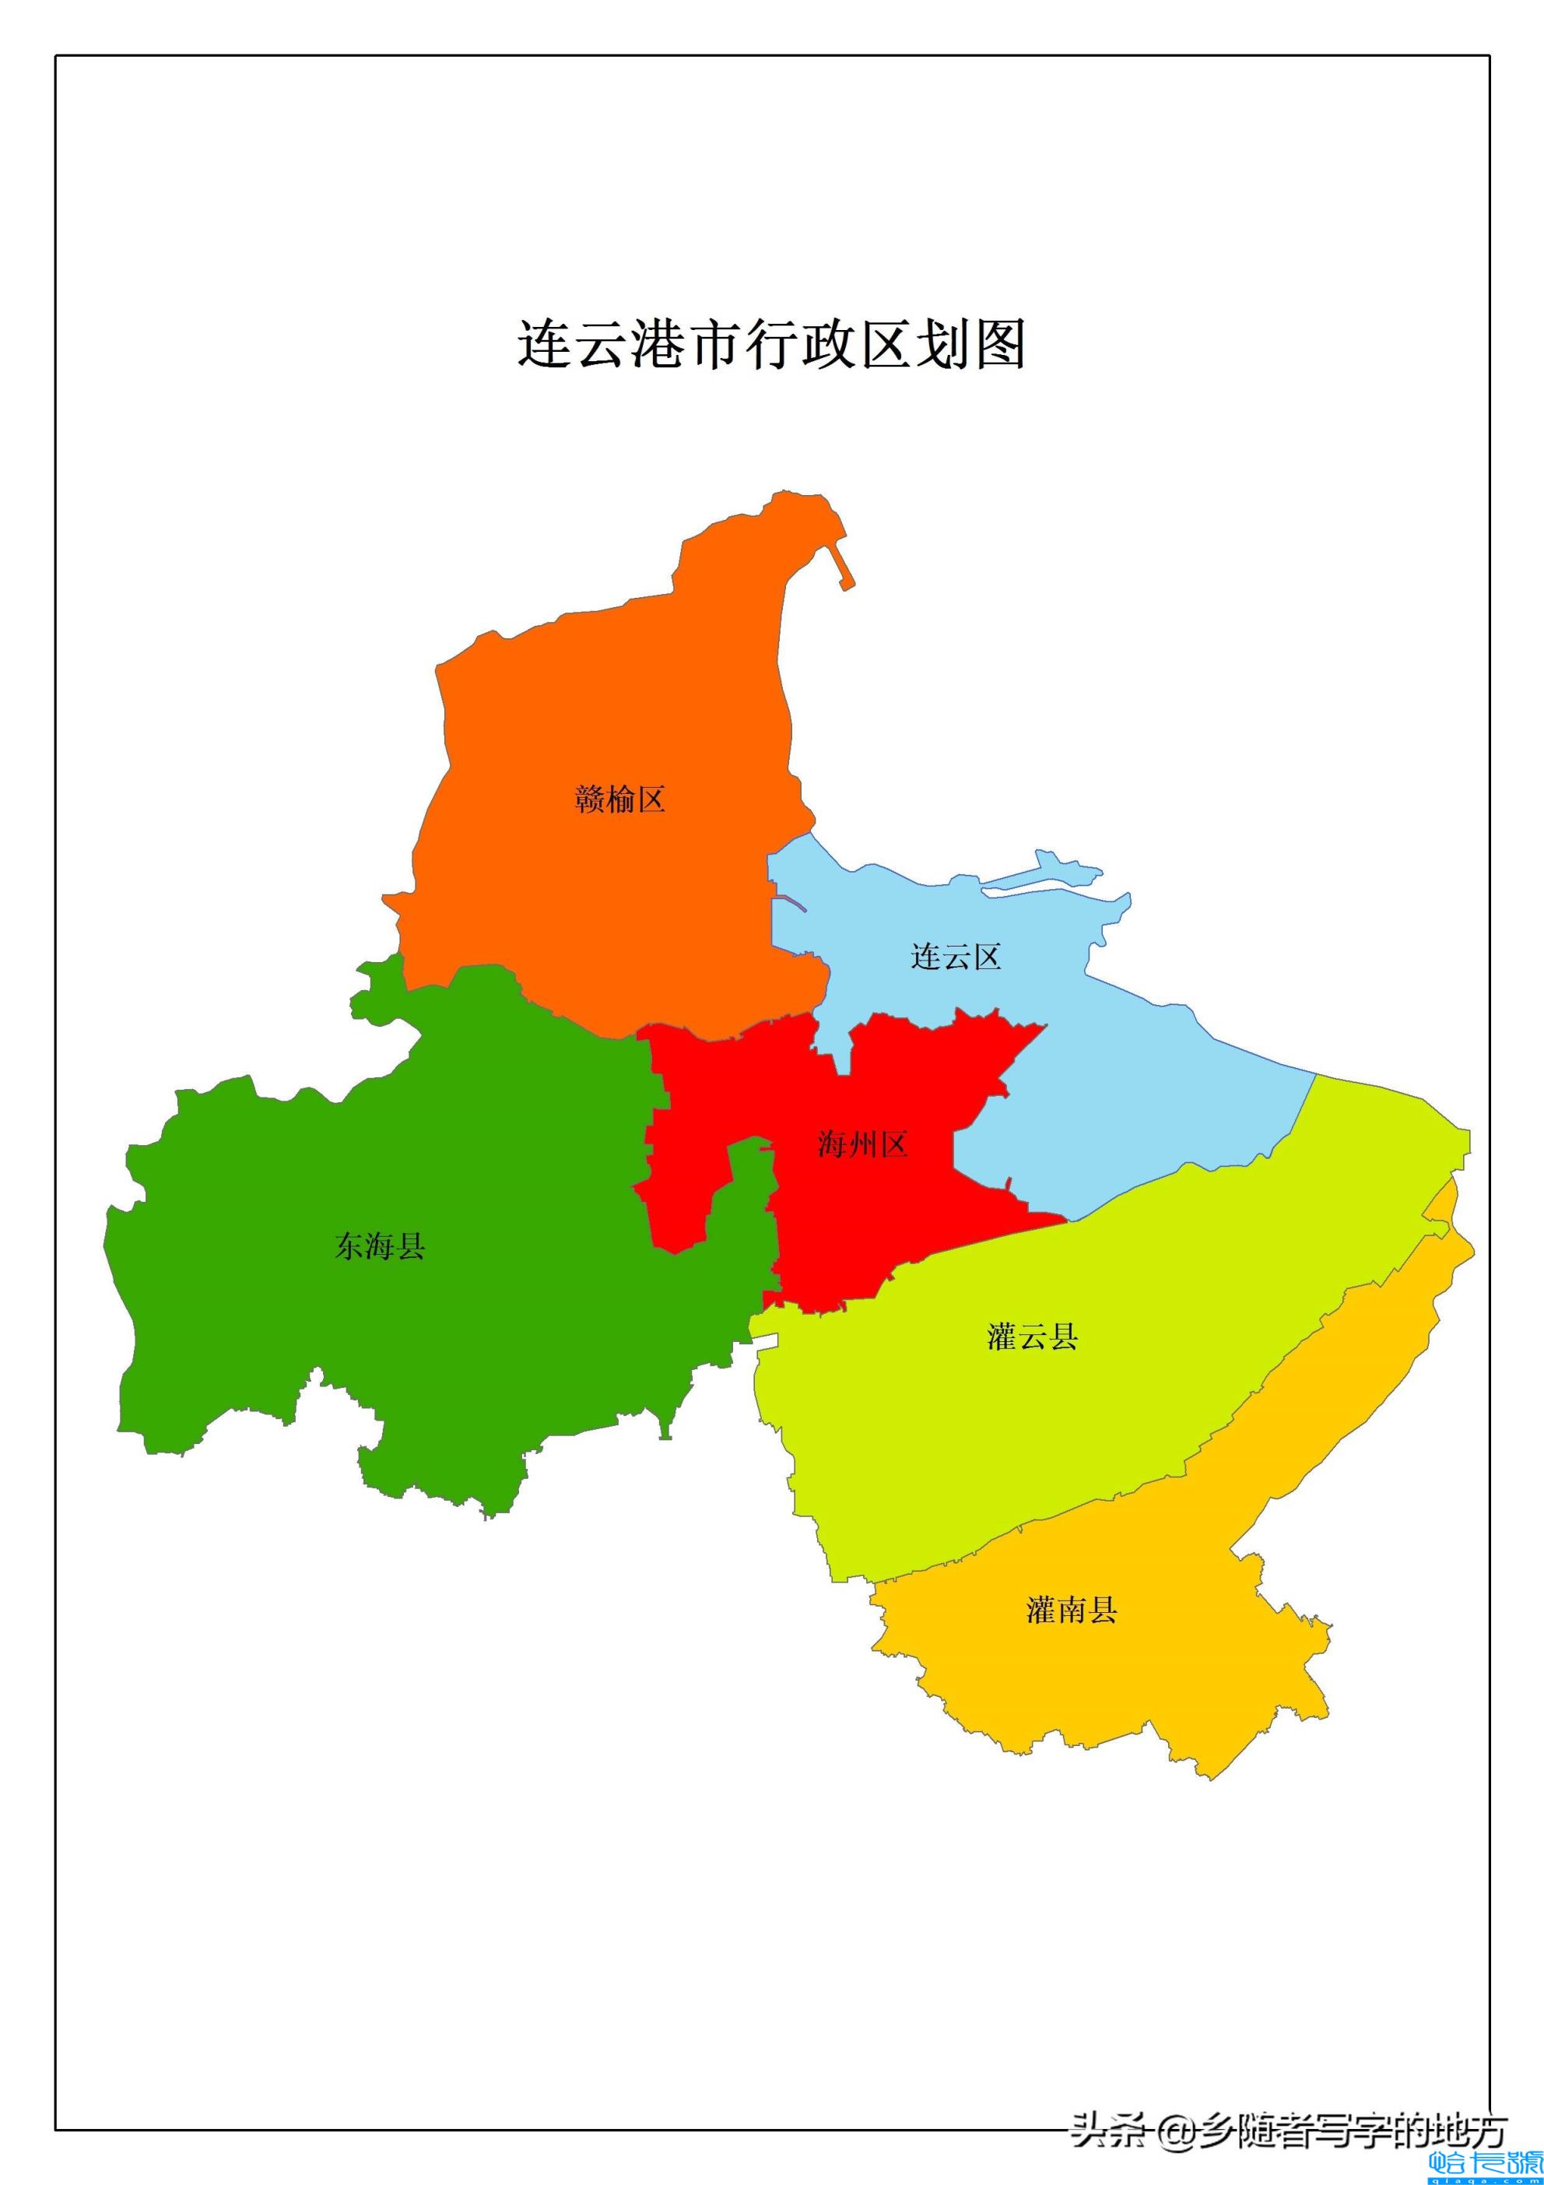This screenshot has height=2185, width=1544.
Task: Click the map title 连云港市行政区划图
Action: (771, 345)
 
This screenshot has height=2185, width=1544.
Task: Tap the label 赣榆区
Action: (619, 799)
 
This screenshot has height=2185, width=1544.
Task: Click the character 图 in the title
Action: (999, 345)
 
